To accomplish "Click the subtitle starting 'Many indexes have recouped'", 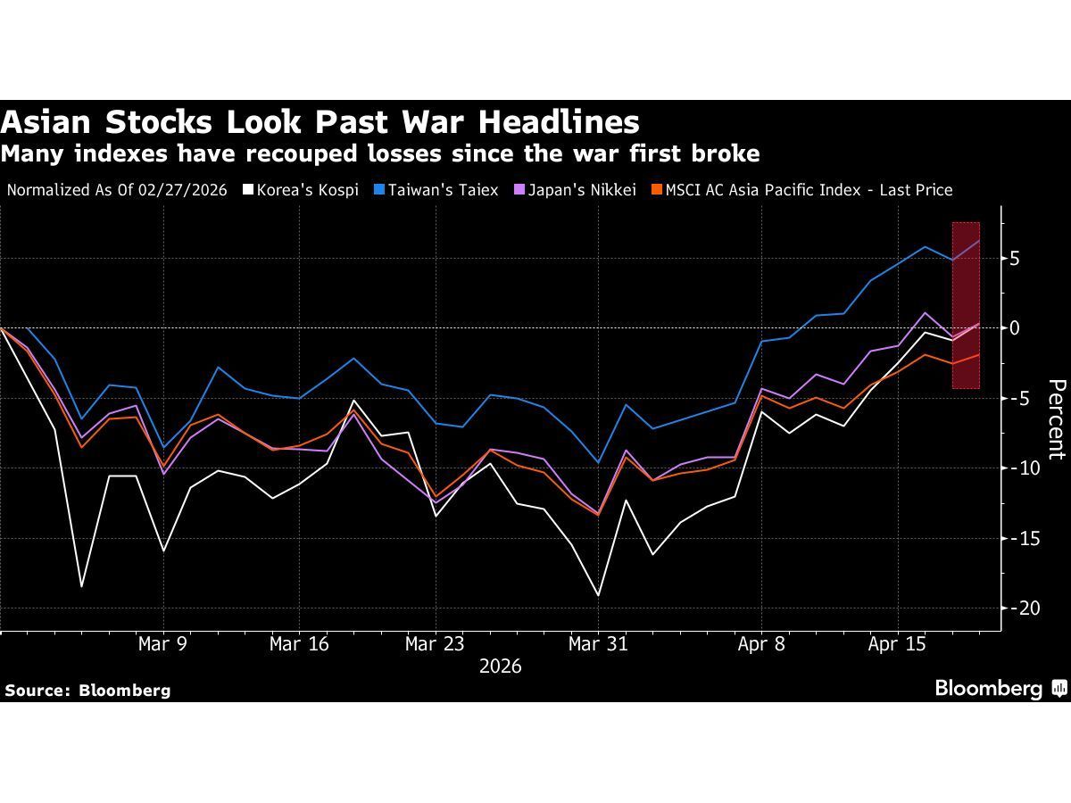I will point(380,154).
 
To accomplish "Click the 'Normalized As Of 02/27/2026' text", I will point(117,190).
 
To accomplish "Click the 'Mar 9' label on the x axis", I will point(162,644).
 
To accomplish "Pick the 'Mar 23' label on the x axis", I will point(435,644).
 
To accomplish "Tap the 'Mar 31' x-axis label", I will point(598,644).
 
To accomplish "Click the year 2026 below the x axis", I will point(500,666).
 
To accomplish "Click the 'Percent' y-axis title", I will point(1056,419).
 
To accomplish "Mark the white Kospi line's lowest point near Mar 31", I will point(598,595).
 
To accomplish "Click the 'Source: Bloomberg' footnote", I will point(87,690).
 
